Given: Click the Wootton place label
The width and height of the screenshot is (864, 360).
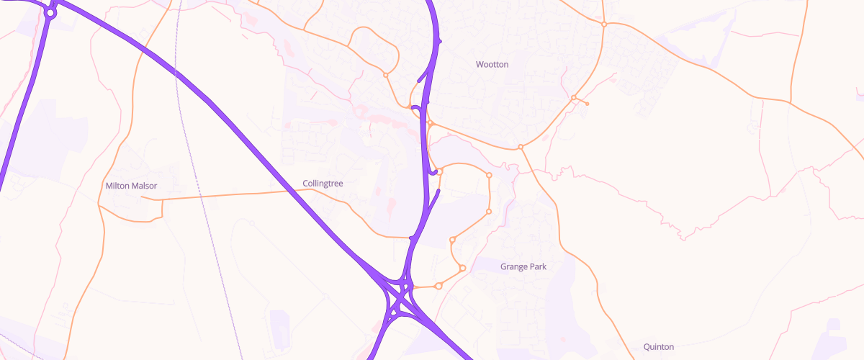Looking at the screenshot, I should (x=492, y=65).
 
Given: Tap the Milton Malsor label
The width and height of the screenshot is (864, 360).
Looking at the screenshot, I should (x=131, y=186).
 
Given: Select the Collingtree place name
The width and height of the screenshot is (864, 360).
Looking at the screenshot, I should (x=323, y=184).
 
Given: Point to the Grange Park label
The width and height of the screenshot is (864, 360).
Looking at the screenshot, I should (x=523, y=266).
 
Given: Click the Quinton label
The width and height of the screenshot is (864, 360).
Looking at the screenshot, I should (x=659, y=347).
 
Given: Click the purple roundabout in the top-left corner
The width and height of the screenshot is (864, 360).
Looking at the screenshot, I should (x=50, y=12).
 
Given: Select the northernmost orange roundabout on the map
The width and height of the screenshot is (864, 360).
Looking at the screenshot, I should (x=604, y=24).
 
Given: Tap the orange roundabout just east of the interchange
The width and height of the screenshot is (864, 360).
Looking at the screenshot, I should (x=438, y=286).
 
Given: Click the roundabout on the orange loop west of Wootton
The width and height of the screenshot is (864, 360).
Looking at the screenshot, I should (x=385, y=75).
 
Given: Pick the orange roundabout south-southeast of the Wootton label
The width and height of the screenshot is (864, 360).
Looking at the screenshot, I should (x=520, y=148).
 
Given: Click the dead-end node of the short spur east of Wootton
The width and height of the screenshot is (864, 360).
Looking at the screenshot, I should (x=588, y=104).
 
